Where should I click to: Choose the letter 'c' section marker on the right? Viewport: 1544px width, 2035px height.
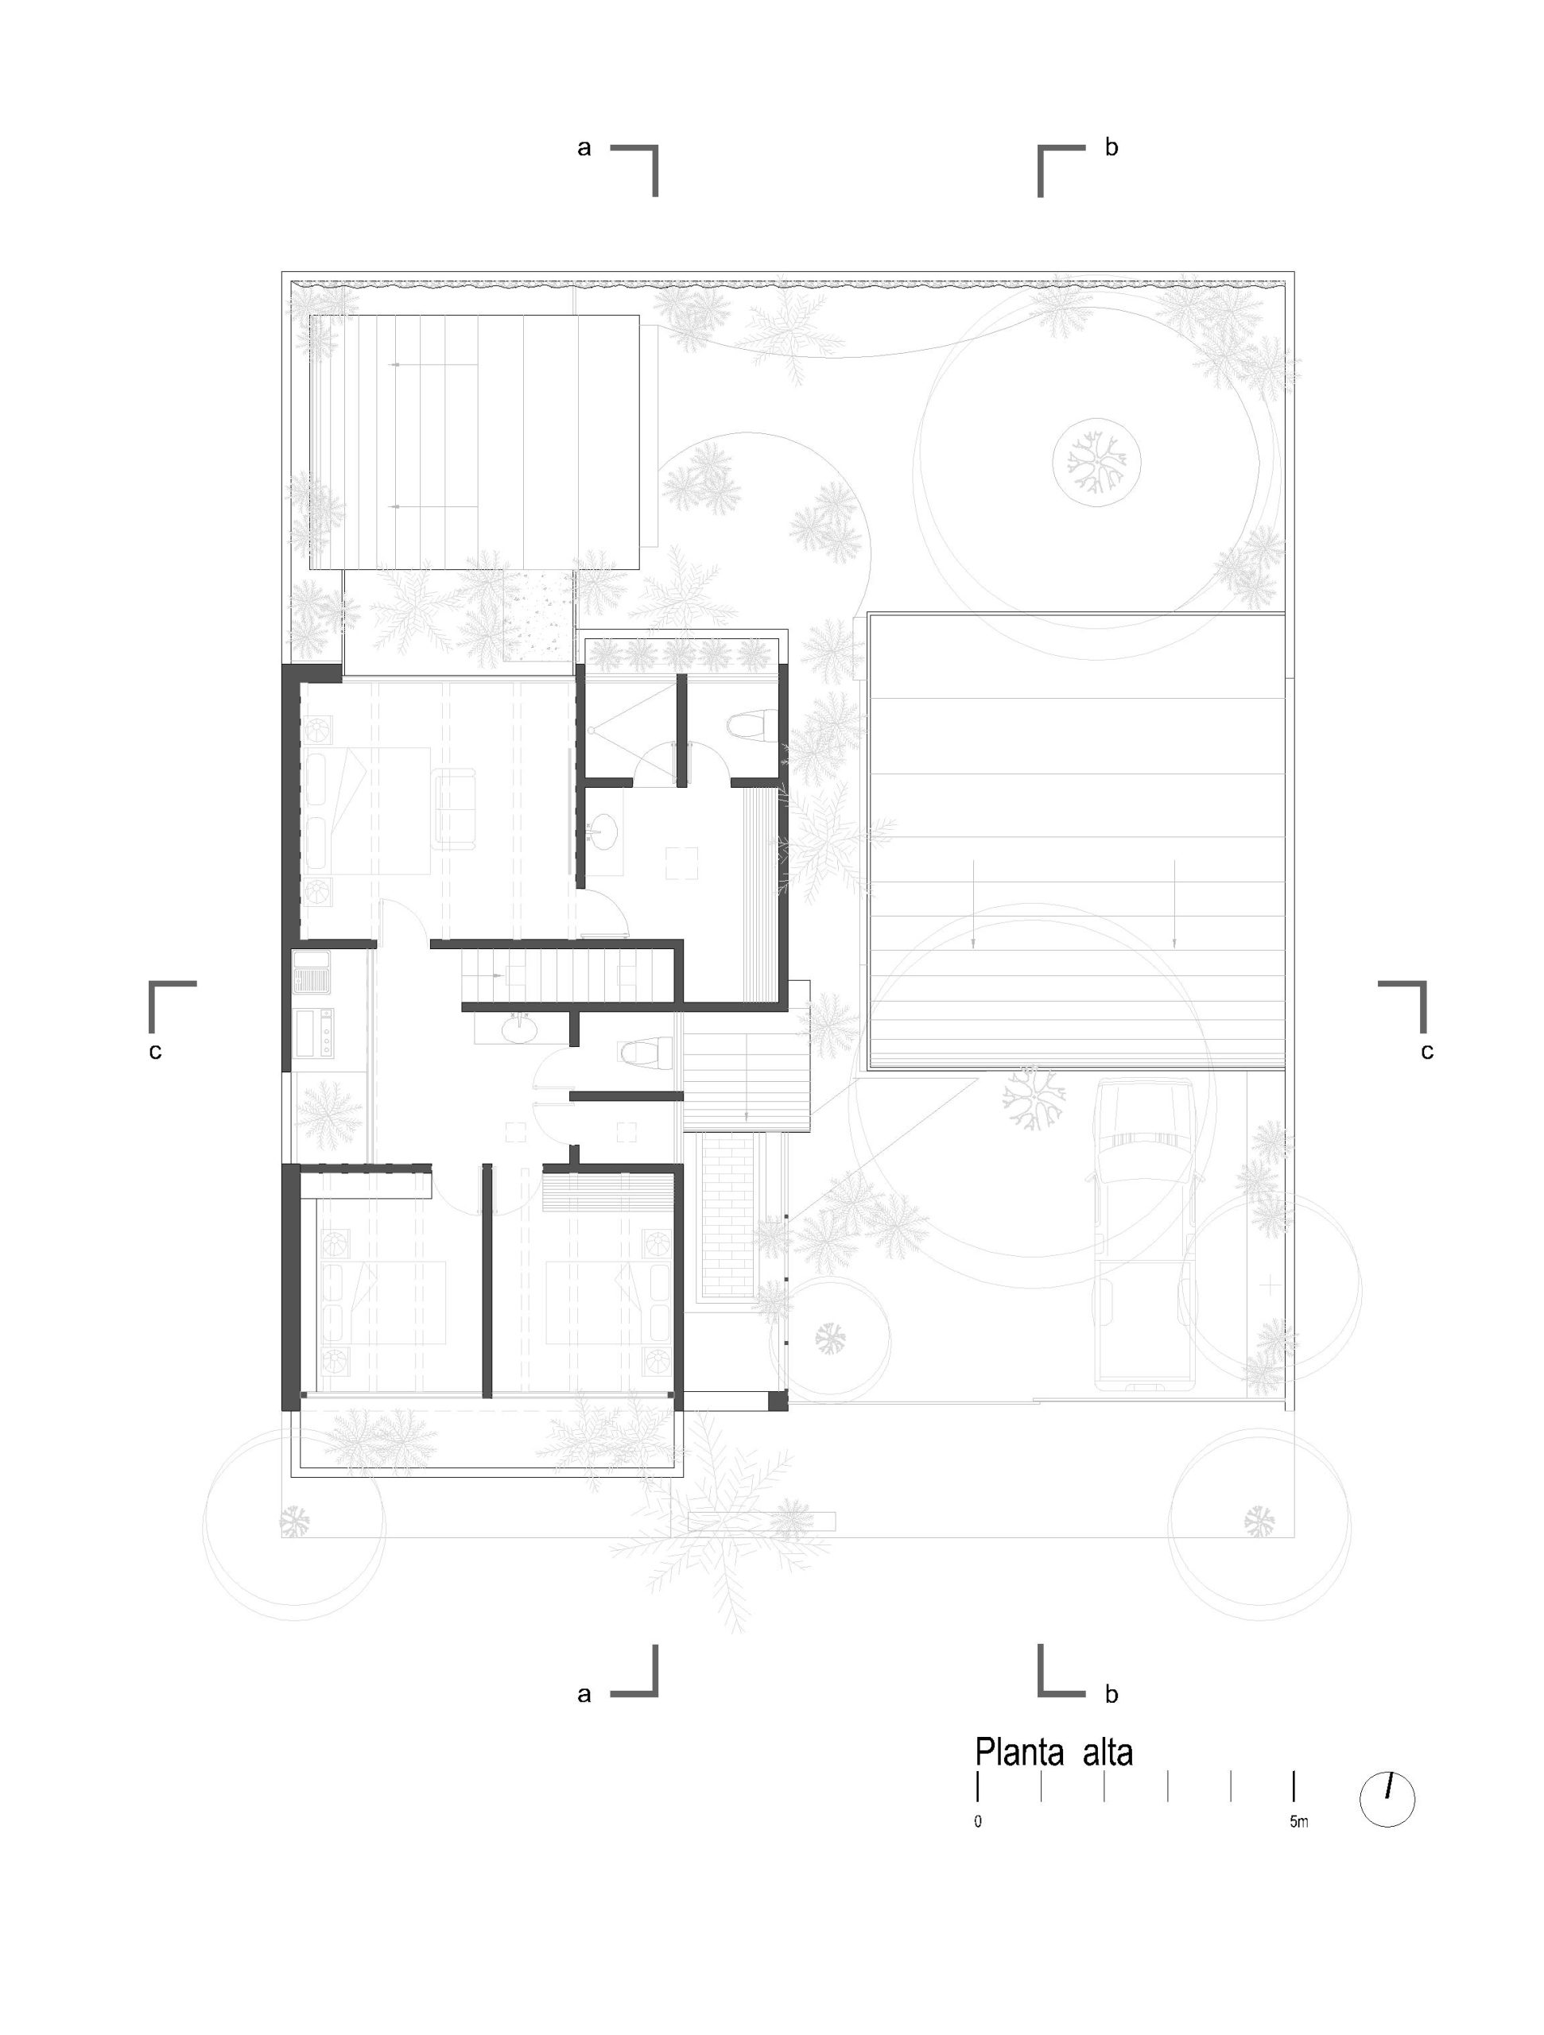pos(1427,1051)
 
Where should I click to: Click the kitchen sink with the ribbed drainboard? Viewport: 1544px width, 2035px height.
pos(312,972)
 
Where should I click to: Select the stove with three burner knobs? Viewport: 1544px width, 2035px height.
pos(314,1033)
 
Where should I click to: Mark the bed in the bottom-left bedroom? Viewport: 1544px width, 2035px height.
pos(382,1303)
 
